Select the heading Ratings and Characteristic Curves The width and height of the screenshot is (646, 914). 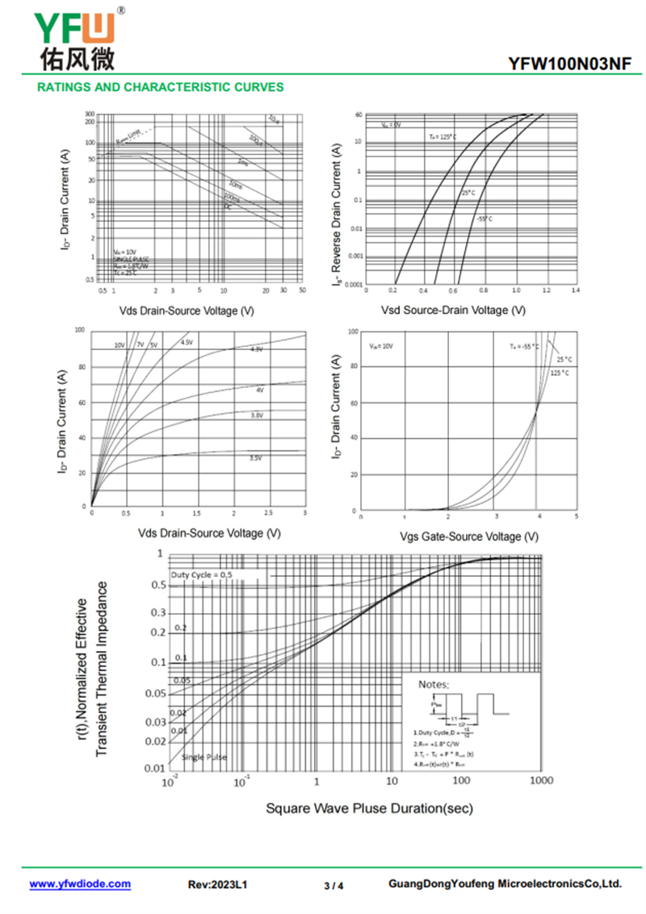[161, 87]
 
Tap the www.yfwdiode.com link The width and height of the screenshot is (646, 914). [80, 884]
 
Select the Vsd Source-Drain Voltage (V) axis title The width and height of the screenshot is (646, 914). [453, 310]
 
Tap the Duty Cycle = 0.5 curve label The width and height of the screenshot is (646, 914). [202, 574]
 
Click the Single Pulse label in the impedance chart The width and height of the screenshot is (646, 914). [204, 757]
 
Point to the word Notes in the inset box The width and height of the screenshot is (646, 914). [434, 684]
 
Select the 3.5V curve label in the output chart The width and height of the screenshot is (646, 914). [255, 458]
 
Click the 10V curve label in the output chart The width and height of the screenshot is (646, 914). [120, 344]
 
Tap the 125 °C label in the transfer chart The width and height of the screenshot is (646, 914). [560, 373]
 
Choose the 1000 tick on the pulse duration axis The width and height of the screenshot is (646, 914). [541, 781]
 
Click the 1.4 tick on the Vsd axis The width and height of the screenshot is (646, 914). [575, 290]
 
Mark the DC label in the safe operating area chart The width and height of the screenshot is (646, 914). [228, 207]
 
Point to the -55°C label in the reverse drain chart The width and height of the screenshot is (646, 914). [484, 219]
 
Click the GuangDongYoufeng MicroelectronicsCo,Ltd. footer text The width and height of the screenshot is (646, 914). [505, 884]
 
